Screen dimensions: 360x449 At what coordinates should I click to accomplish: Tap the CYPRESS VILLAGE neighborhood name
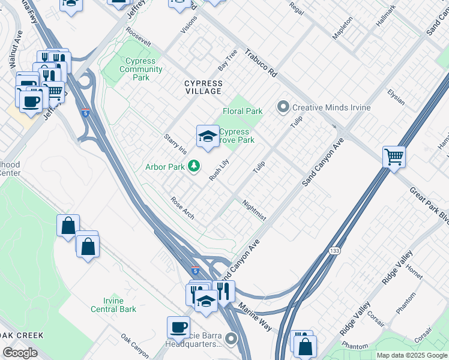[x=203, y=88]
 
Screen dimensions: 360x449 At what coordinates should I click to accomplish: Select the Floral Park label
[x=243, y=111]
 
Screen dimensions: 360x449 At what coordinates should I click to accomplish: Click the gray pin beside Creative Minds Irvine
[x=283, y=107]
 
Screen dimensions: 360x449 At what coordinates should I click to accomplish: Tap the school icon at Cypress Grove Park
[x=207, y=136]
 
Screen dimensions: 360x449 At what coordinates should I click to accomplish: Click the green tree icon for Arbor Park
[x=194, y=166]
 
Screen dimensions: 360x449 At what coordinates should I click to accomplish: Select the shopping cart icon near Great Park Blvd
[x=394, y=157]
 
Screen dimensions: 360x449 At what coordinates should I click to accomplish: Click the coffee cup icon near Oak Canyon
[x=178, y=327]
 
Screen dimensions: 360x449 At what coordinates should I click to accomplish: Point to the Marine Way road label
[x=255, y=316]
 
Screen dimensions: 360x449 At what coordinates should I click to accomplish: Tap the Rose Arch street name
[x=182, y=208]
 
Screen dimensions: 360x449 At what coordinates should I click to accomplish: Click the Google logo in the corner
[x=20, y=352]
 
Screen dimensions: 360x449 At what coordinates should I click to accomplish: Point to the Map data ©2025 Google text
[x=411, y=355]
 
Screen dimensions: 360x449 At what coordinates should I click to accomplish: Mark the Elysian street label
[x=396, y=96]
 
